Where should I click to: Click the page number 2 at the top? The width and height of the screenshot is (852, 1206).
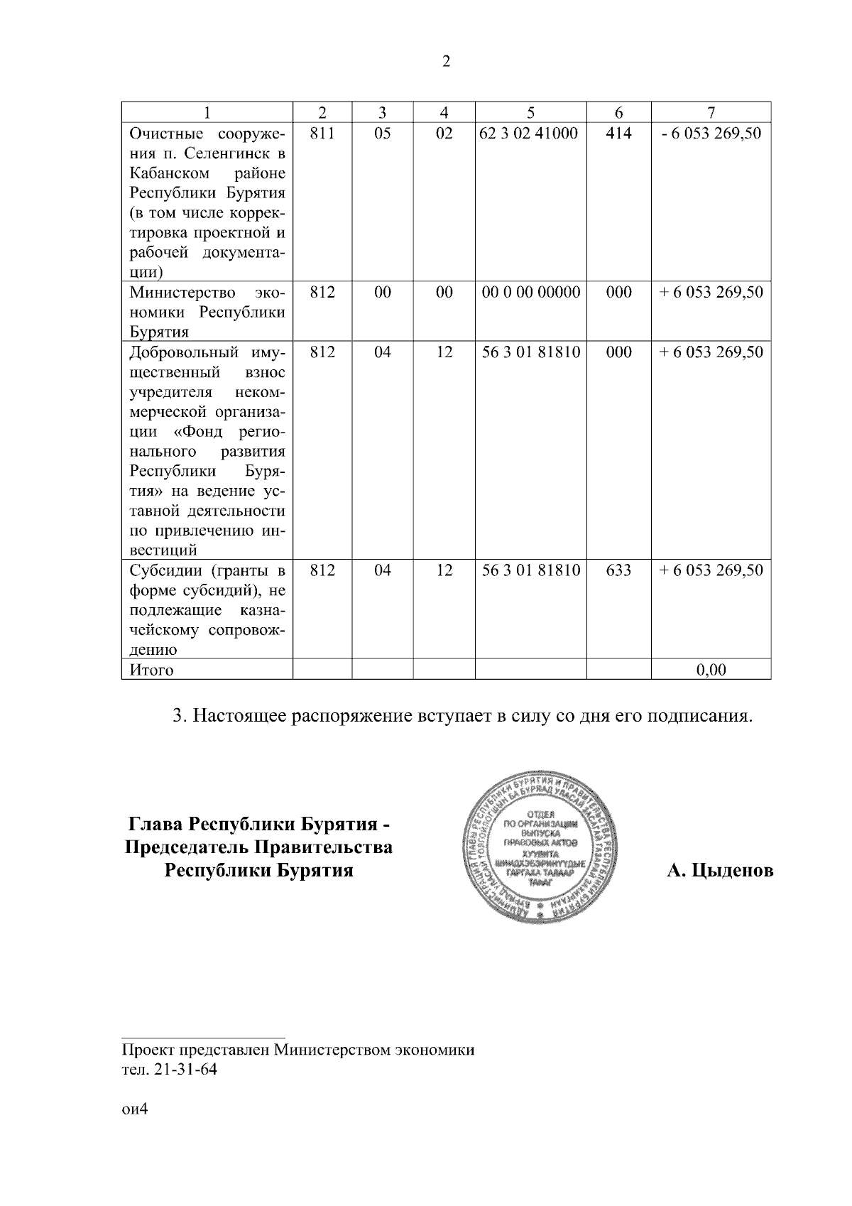click(446, 62)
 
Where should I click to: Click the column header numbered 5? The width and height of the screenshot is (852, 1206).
click(530, 112)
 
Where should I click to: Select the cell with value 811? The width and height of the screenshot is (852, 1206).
click(322, 133)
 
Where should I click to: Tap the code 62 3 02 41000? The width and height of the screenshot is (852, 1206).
click(529, 133)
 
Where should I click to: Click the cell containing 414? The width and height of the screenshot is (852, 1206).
click(618, 133)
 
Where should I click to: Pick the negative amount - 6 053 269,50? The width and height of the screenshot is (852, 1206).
click(711, 133)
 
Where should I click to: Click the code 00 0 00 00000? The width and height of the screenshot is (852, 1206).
click(530, 292)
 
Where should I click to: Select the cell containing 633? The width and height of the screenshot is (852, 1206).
click(618, 570)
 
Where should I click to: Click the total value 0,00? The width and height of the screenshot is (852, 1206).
click(711, 669)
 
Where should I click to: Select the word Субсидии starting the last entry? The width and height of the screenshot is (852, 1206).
click(160, 570)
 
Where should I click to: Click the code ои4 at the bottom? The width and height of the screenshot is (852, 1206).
click(133, 1110)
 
